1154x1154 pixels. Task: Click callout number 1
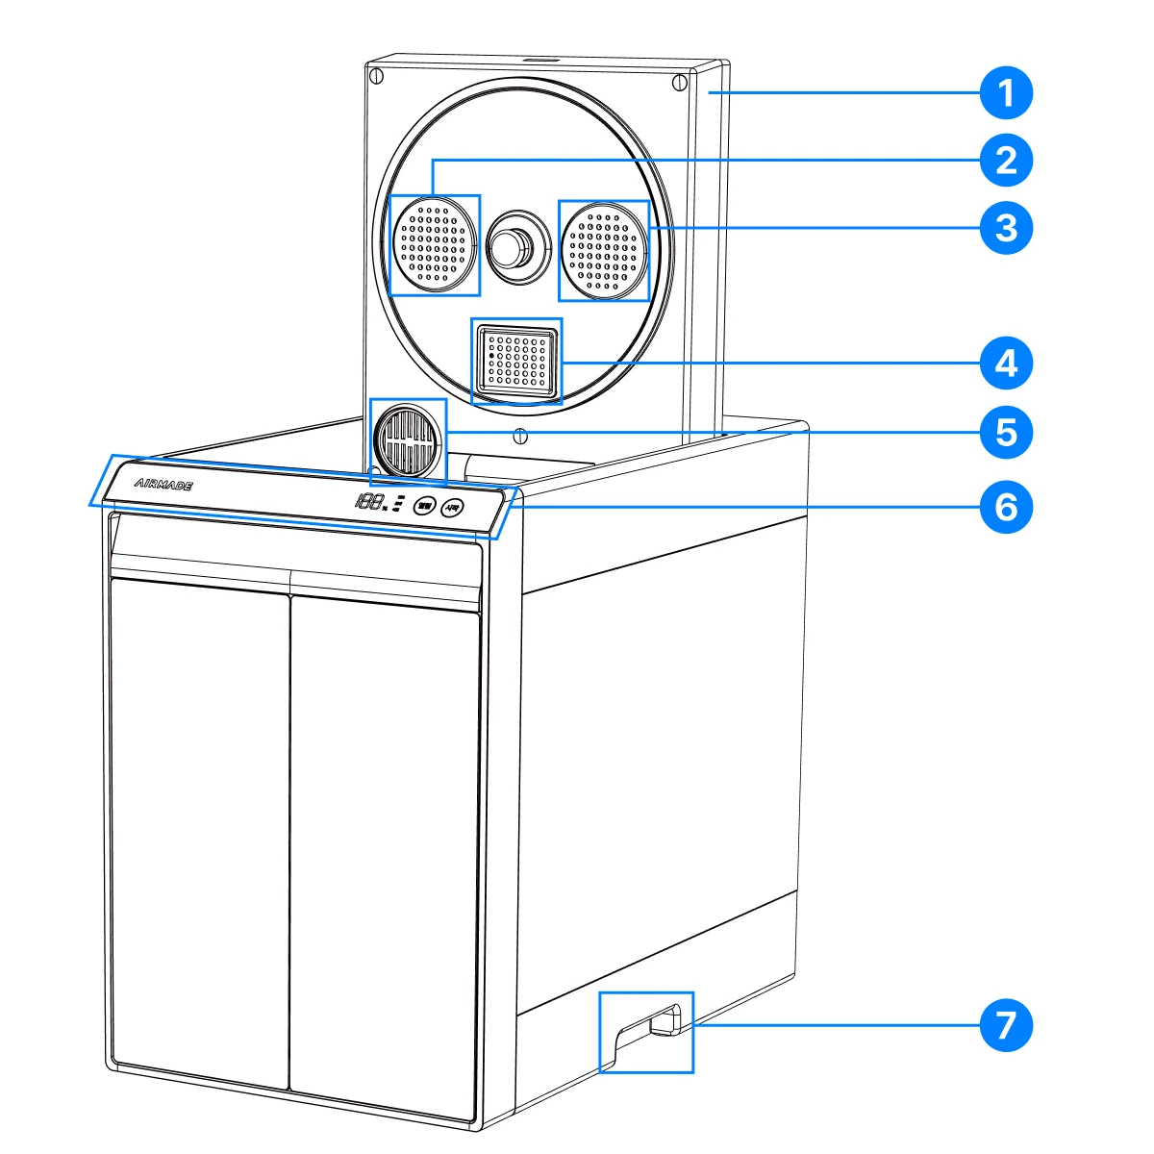point(1006,94)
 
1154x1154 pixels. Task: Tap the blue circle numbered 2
point(1006,160)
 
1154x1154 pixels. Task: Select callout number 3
point(1006,228)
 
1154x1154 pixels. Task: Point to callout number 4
point(1006,364)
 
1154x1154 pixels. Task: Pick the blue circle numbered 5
point(1006,432)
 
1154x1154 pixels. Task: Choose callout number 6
point(1006,505)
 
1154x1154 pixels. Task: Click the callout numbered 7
point(1006,1026)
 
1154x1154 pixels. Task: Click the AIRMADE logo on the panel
point(163,486)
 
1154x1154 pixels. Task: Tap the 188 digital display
point(370,501)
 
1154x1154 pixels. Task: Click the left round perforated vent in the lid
point(435,245)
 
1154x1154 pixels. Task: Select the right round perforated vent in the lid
point(604,250)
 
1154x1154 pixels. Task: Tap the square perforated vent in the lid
point(516,361)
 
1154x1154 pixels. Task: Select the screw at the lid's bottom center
point(520,435)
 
